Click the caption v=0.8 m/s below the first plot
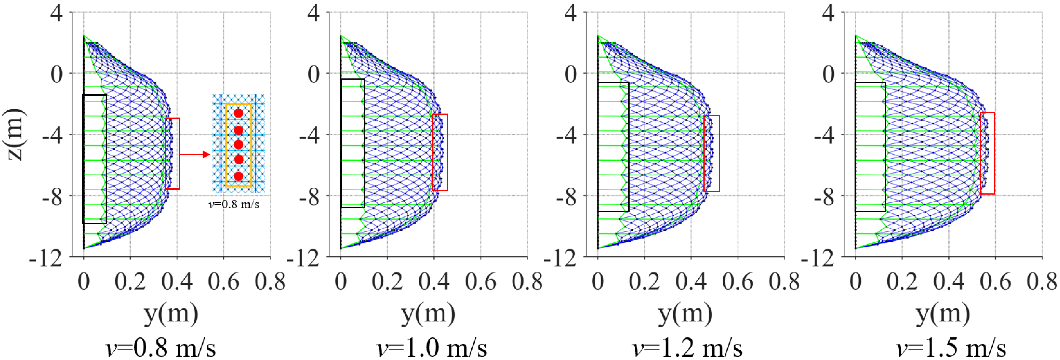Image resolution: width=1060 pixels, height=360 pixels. [161, 348]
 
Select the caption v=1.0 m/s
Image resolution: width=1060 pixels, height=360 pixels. [431, 348]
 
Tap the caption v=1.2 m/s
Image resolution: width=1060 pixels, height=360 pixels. [687, 348]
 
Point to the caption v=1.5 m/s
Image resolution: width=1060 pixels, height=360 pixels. [951, 348]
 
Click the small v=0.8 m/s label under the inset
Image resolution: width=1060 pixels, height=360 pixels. [234, 204]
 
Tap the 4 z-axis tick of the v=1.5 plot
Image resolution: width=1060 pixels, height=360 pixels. [828, 13]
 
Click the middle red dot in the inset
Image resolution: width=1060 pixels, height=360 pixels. [238, 144]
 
